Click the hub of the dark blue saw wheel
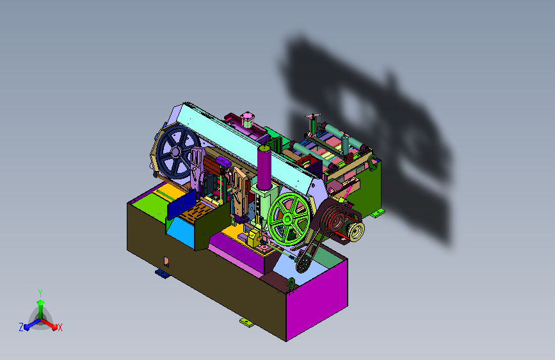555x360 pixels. [x=175, y=152]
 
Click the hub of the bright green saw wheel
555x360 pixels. [x=287, y=219]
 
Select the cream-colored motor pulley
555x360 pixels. [x=355, y=231]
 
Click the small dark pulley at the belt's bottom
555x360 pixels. [x=303, y=264]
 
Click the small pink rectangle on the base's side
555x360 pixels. [x=166, y=262]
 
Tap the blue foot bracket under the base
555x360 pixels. [x=162, y=273]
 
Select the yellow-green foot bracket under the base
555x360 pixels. [x=247, y=322]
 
